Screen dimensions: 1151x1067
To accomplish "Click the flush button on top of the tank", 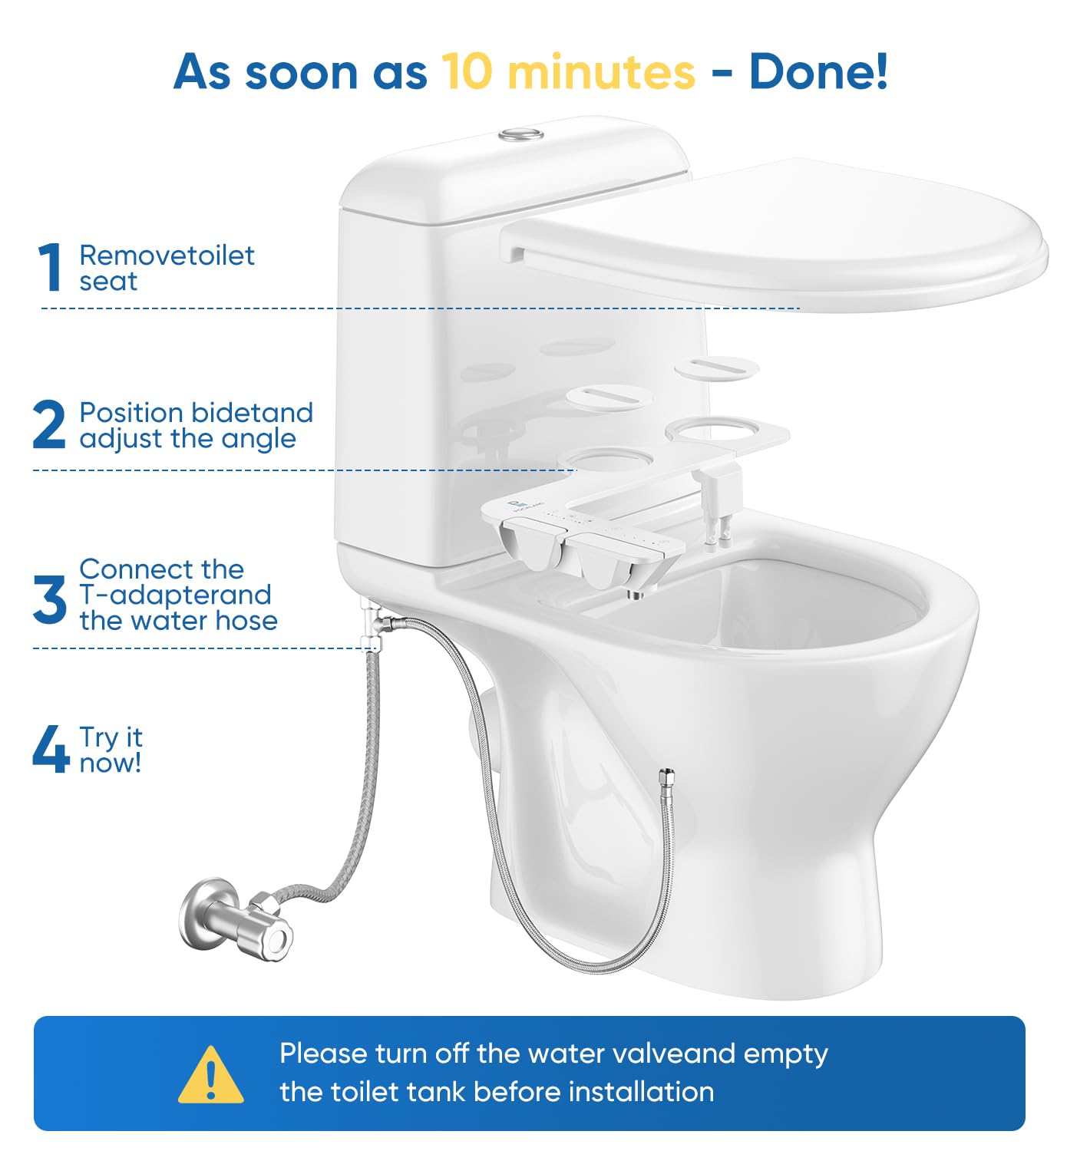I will point(521,134).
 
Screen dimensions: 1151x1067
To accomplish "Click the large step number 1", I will point(51,267).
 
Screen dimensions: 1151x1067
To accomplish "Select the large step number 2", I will point(50,424).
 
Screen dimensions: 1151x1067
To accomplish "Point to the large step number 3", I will point(50,599).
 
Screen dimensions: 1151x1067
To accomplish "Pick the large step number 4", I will point(51,749).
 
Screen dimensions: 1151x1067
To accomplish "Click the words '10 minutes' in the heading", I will point(568,72).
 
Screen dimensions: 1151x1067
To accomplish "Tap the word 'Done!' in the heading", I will point(818,72).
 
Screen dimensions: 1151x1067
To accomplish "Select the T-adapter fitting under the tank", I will point(373,623).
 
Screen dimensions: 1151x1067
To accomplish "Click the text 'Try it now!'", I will point(111,750).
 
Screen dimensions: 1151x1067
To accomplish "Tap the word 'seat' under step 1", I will point(108,282).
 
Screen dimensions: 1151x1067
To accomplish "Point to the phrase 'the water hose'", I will point(178,621).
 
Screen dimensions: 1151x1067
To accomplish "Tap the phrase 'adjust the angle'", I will point(187,439).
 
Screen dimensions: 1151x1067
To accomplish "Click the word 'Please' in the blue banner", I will point(322,1054).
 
